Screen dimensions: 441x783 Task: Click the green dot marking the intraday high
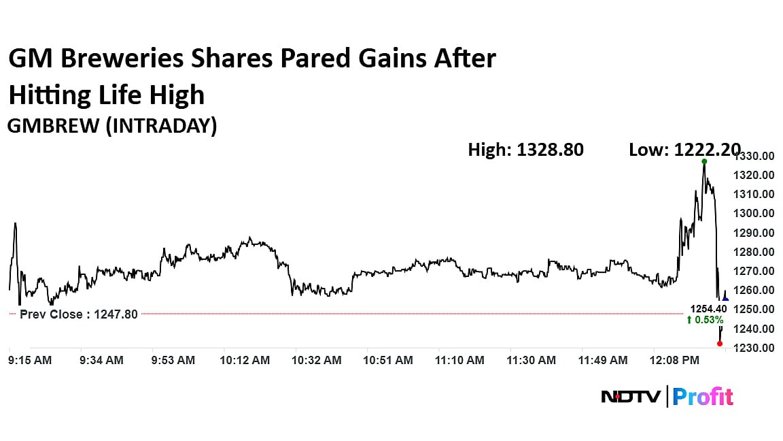(x=704, y=161)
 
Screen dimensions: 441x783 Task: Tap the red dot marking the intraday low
(x=720, y=343)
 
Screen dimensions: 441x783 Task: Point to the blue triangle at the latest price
(x=725, y=299)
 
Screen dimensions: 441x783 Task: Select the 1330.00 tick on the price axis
(x=757, y=156)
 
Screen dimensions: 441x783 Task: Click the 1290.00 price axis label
(x=757, y=233)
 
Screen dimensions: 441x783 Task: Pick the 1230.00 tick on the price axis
(x=757, y=348)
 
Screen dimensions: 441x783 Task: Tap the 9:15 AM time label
(x=30, y=360)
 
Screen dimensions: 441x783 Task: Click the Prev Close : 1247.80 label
(x=78, y=314)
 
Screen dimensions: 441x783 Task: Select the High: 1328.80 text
(x=525, y=150)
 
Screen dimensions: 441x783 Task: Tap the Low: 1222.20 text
(x=684, y=150)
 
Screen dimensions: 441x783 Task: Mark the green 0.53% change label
(x=706, y=320)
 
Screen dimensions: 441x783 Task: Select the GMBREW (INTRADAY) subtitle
(x=112, y=126)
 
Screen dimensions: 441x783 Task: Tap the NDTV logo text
(x=630, y=396)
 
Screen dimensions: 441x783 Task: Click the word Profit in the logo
(x=704, y=396)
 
